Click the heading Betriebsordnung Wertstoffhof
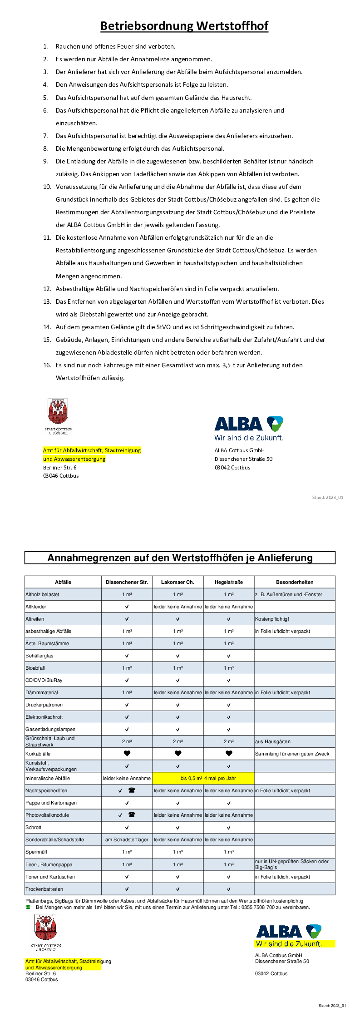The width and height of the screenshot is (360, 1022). [x=184, y=26]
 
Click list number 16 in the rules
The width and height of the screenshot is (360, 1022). [x=47, y=365]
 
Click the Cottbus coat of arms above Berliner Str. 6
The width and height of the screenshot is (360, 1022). [x=58, y=412]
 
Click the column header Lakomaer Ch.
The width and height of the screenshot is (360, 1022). [x=178, y=582]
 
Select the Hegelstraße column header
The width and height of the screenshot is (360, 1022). [x=228, y=582]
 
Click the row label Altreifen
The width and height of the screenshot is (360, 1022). [x=35, y=619]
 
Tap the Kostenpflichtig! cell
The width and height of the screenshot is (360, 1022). [x=272, y=619]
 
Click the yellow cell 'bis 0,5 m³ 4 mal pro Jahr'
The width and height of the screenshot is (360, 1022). [x=208, y=778]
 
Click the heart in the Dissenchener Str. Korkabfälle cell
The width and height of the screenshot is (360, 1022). [x=127, y=754]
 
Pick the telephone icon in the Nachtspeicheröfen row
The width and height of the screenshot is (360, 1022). [x=132, y=790]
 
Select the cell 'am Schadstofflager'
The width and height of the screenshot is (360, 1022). [x=127, y=839]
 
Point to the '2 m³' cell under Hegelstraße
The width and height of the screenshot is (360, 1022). [x=228, y=741]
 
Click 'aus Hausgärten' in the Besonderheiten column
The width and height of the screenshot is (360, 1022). [x=273, y=741]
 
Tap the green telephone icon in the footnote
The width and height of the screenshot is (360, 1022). [x=28, y=907]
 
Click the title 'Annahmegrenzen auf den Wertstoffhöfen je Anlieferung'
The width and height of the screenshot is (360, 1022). [x=180, y=558]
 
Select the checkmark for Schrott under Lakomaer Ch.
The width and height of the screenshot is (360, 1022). [x=178, y=827]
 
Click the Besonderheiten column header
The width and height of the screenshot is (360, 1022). [x=295, y=582]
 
